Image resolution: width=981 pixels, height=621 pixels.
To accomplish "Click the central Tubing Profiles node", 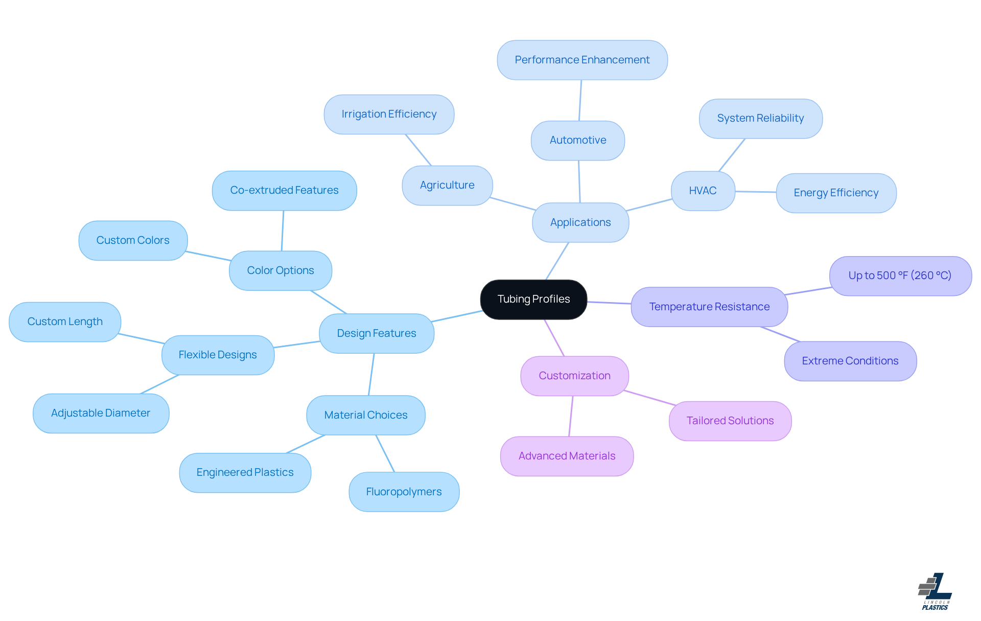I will (533, 300).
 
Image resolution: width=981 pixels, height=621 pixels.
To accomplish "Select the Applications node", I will (580, 223).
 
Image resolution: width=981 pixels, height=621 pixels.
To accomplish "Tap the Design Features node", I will (377, 334).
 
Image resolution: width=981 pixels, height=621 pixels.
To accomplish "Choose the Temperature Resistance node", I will (709, 307).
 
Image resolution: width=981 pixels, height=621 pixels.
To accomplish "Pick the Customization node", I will (574, 376).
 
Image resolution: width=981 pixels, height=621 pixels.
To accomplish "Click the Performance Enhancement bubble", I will (582, 60).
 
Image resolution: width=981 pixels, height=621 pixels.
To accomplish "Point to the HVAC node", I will (703, 191).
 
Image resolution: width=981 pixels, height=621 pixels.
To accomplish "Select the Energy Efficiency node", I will (836, 193).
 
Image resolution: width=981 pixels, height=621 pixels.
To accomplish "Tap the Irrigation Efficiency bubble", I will (389, 114).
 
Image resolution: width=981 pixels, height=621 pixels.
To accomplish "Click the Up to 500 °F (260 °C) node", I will (900, 276).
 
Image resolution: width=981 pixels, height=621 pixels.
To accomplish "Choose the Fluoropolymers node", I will (404, 492).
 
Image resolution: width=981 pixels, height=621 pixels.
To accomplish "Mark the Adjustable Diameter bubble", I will (101, 413).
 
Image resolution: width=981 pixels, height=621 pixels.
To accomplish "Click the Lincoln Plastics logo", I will (935, 591).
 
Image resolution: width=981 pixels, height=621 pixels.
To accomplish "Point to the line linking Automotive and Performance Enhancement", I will (580, 100).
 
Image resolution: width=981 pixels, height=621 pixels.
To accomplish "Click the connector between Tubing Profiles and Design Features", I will (457, 316).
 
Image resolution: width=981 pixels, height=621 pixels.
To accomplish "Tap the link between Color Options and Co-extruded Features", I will (283, 231).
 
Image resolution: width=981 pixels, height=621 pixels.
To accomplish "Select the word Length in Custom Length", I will (85, 322).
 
